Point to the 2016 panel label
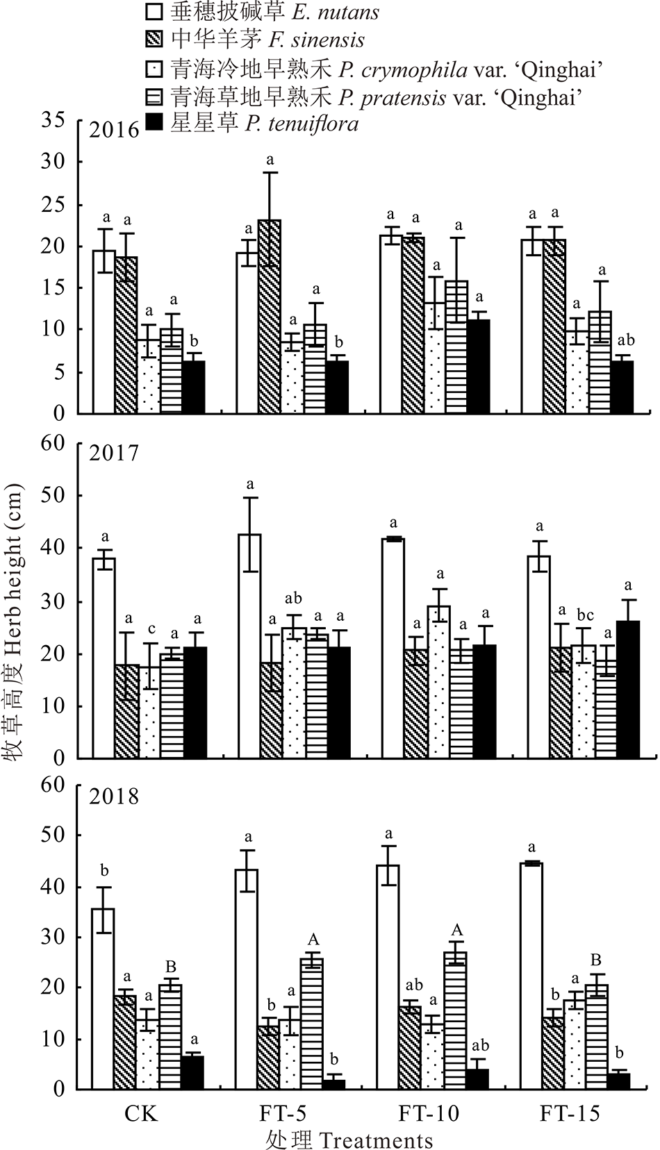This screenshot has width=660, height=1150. (115, 129)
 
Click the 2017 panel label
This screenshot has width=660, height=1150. (115, 453)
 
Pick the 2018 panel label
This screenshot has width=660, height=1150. (115, 796)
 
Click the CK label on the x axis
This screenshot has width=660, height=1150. (141, 1114)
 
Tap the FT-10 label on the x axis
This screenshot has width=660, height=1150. (429, 1114)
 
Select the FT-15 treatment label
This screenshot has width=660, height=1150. (570, 1114)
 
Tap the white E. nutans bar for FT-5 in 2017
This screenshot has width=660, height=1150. (249, 646)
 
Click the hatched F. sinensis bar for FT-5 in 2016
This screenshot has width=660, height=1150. (269, 316)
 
